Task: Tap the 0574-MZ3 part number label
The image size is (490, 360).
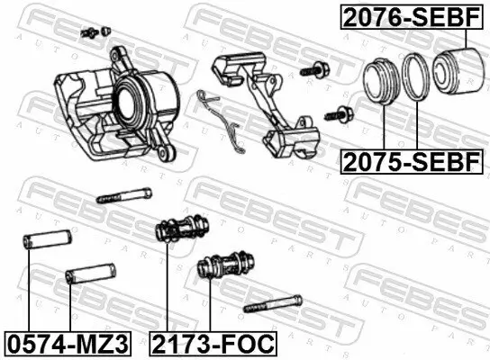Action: (x=67, y=342)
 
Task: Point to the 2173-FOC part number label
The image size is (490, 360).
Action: (x=212, y=342)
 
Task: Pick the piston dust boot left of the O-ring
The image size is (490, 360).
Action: (x=382, y=78)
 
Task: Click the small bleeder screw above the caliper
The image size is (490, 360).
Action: (x=88, y=32)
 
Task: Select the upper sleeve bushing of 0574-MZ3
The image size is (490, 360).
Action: (x=42, y=245)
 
